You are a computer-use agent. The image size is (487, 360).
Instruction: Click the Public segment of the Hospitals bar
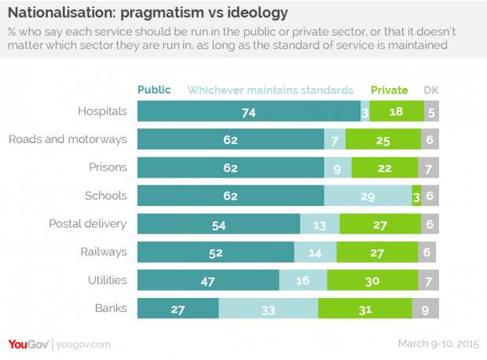pyautogui.click(x=249, y=111)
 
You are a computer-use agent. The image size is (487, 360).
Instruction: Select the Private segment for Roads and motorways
pyautogui.click(x=383, y=139)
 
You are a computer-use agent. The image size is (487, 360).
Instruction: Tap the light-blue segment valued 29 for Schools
pyautogui.click(x=368, y=196)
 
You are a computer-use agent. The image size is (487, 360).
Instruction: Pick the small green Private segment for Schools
pyautogui.click(x=416, y=196)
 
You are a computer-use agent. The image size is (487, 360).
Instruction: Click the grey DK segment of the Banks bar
pyautogui.click(x=426, y=308)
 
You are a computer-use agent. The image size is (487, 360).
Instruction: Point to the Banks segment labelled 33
pyautogui.click(x=269, y=308)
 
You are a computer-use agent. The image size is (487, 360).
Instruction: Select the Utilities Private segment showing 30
pyautogui.click(x=372, y=280)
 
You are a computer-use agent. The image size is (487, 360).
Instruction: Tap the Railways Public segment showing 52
pyautogui.click(x=216, y=252)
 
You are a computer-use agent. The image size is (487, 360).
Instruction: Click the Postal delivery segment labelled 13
pyautogui.click(x=320, y=223)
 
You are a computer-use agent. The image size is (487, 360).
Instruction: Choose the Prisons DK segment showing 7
pyautogui.click(x=429, y=167)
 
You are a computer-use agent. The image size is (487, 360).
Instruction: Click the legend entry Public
pyautogui.click(x=154, y=90)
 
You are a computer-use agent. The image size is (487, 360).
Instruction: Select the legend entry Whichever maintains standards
pyautogui.click(x=270, y=90)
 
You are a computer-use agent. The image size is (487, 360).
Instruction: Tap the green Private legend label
pyautogui.click(x=390, y=90)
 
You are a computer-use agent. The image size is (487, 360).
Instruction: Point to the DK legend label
pyautogui.click(x=431, y=90)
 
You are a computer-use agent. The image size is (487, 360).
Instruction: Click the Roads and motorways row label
pyautogui.click(x=68, y=140)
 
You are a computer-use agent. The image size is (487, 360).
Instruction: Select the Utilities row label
pyautogui.click(x=108, y=280)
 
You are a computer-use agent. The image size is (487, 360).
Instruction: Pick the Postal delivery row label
pyautogui.click(x=88, y=224)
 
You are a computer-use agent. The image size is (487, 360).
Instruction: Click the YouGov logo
pyautogui.click(x=28, y=344)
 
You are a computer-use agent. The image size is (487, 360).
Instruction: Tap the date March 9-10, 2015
pyautogui.click(x=438, y=343)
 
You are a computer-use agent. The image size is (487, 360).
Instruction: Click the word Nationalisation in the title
pyautogui.click(x=61, y=13)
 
